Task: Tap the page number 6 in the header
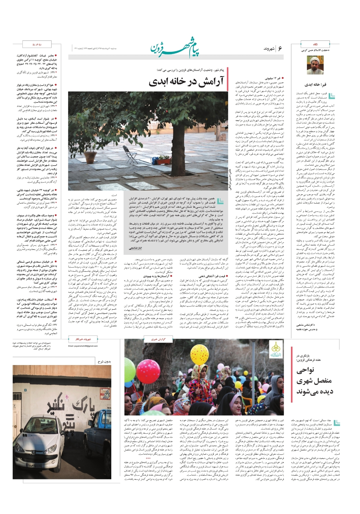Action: click(x=280, y=49)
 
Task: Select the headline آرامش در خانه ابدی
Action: click(x=187, y=82)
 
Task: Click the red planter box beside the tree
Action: click(x=163, y=161)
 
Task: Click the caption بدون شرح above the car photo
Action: click(x=104, y=362)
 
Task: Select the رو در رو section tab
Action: click(x=37, y=45)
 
